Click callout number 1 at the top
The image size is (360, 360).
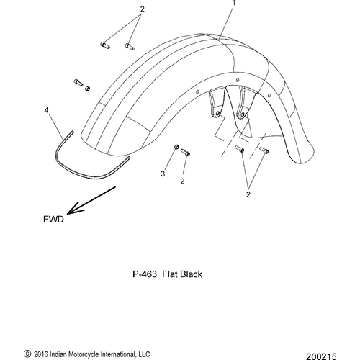coord(233,3)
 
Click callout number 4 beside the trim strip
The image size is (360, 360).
coord(46,110)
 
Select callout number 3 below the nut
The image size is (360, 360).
coord(163,174)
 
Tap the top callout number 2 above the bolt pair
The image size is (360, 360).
coord(143,9)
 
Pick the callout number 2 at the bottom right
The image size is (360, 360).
coord(248,194)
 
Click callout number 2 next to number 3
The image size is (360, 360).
coord(182,181)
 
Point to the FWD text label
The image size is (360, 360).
coord(53,219)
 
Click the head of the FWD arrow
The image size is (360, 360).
coord(68,213)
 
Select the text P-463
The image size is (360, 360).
coord(145,274)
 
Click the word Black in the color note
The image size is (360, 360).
coord(191,274)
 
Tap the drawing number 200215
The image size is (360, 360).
coord(321,356)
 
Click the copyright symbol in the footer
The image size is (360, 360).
coord(27,354)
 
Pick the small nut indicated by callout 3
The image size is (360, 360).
coord(176,147)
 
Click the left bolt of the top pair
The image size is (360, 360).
coord(104,45)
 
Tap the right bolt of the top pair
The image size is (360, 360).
coord(130,46)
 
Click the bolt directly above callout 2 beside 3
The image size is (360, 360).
coord(185,152)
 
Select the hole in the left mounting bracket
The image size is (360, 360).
coord(217,114)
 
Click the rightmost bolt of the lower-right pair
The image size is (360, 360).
coord(264,150)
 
